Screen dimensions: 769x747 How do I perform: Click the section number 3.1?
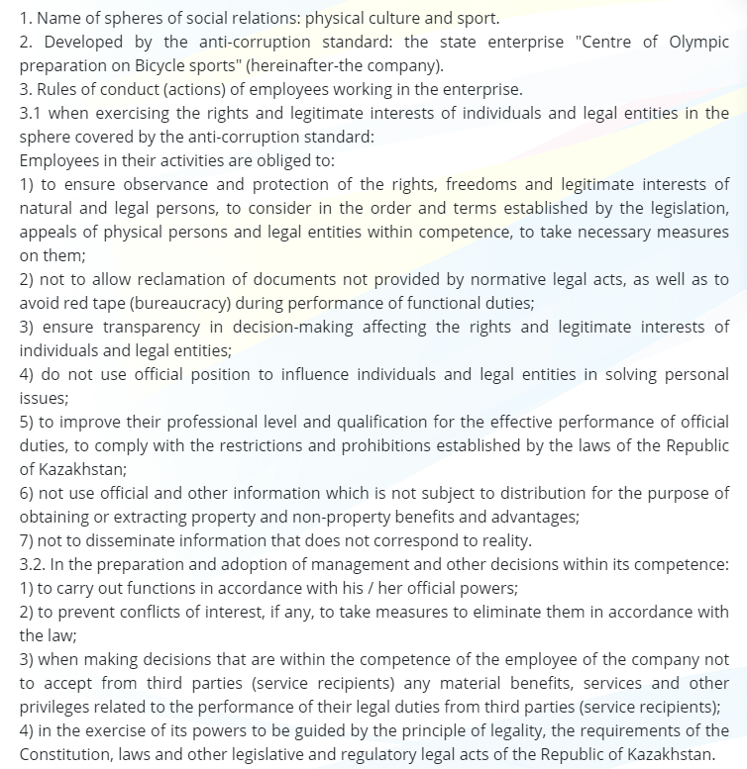tap(33, 114)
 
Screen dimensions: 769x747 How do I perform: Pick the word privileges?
tap(57, 707)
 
